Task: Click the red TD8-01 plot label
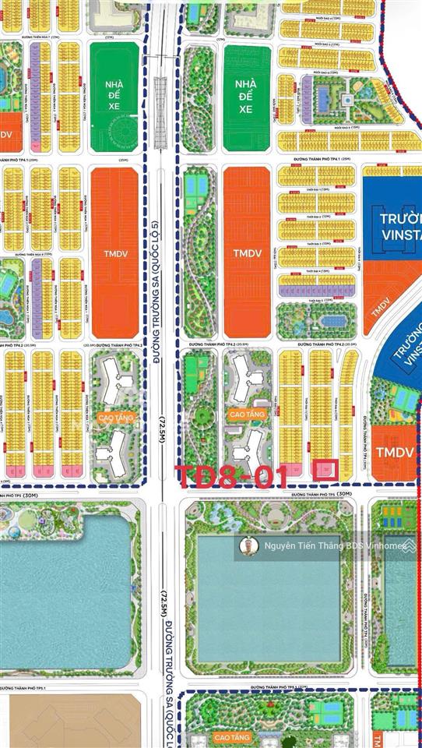point(232,476)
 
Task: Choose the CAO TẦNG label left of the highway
point(114,418)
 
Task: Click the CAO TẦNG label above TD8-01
point(247,415)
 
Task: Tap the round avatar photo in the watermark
point(250,546)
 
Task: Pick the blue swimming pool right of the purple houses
point(322,97)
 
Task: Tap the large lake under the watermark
point(268,608)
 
